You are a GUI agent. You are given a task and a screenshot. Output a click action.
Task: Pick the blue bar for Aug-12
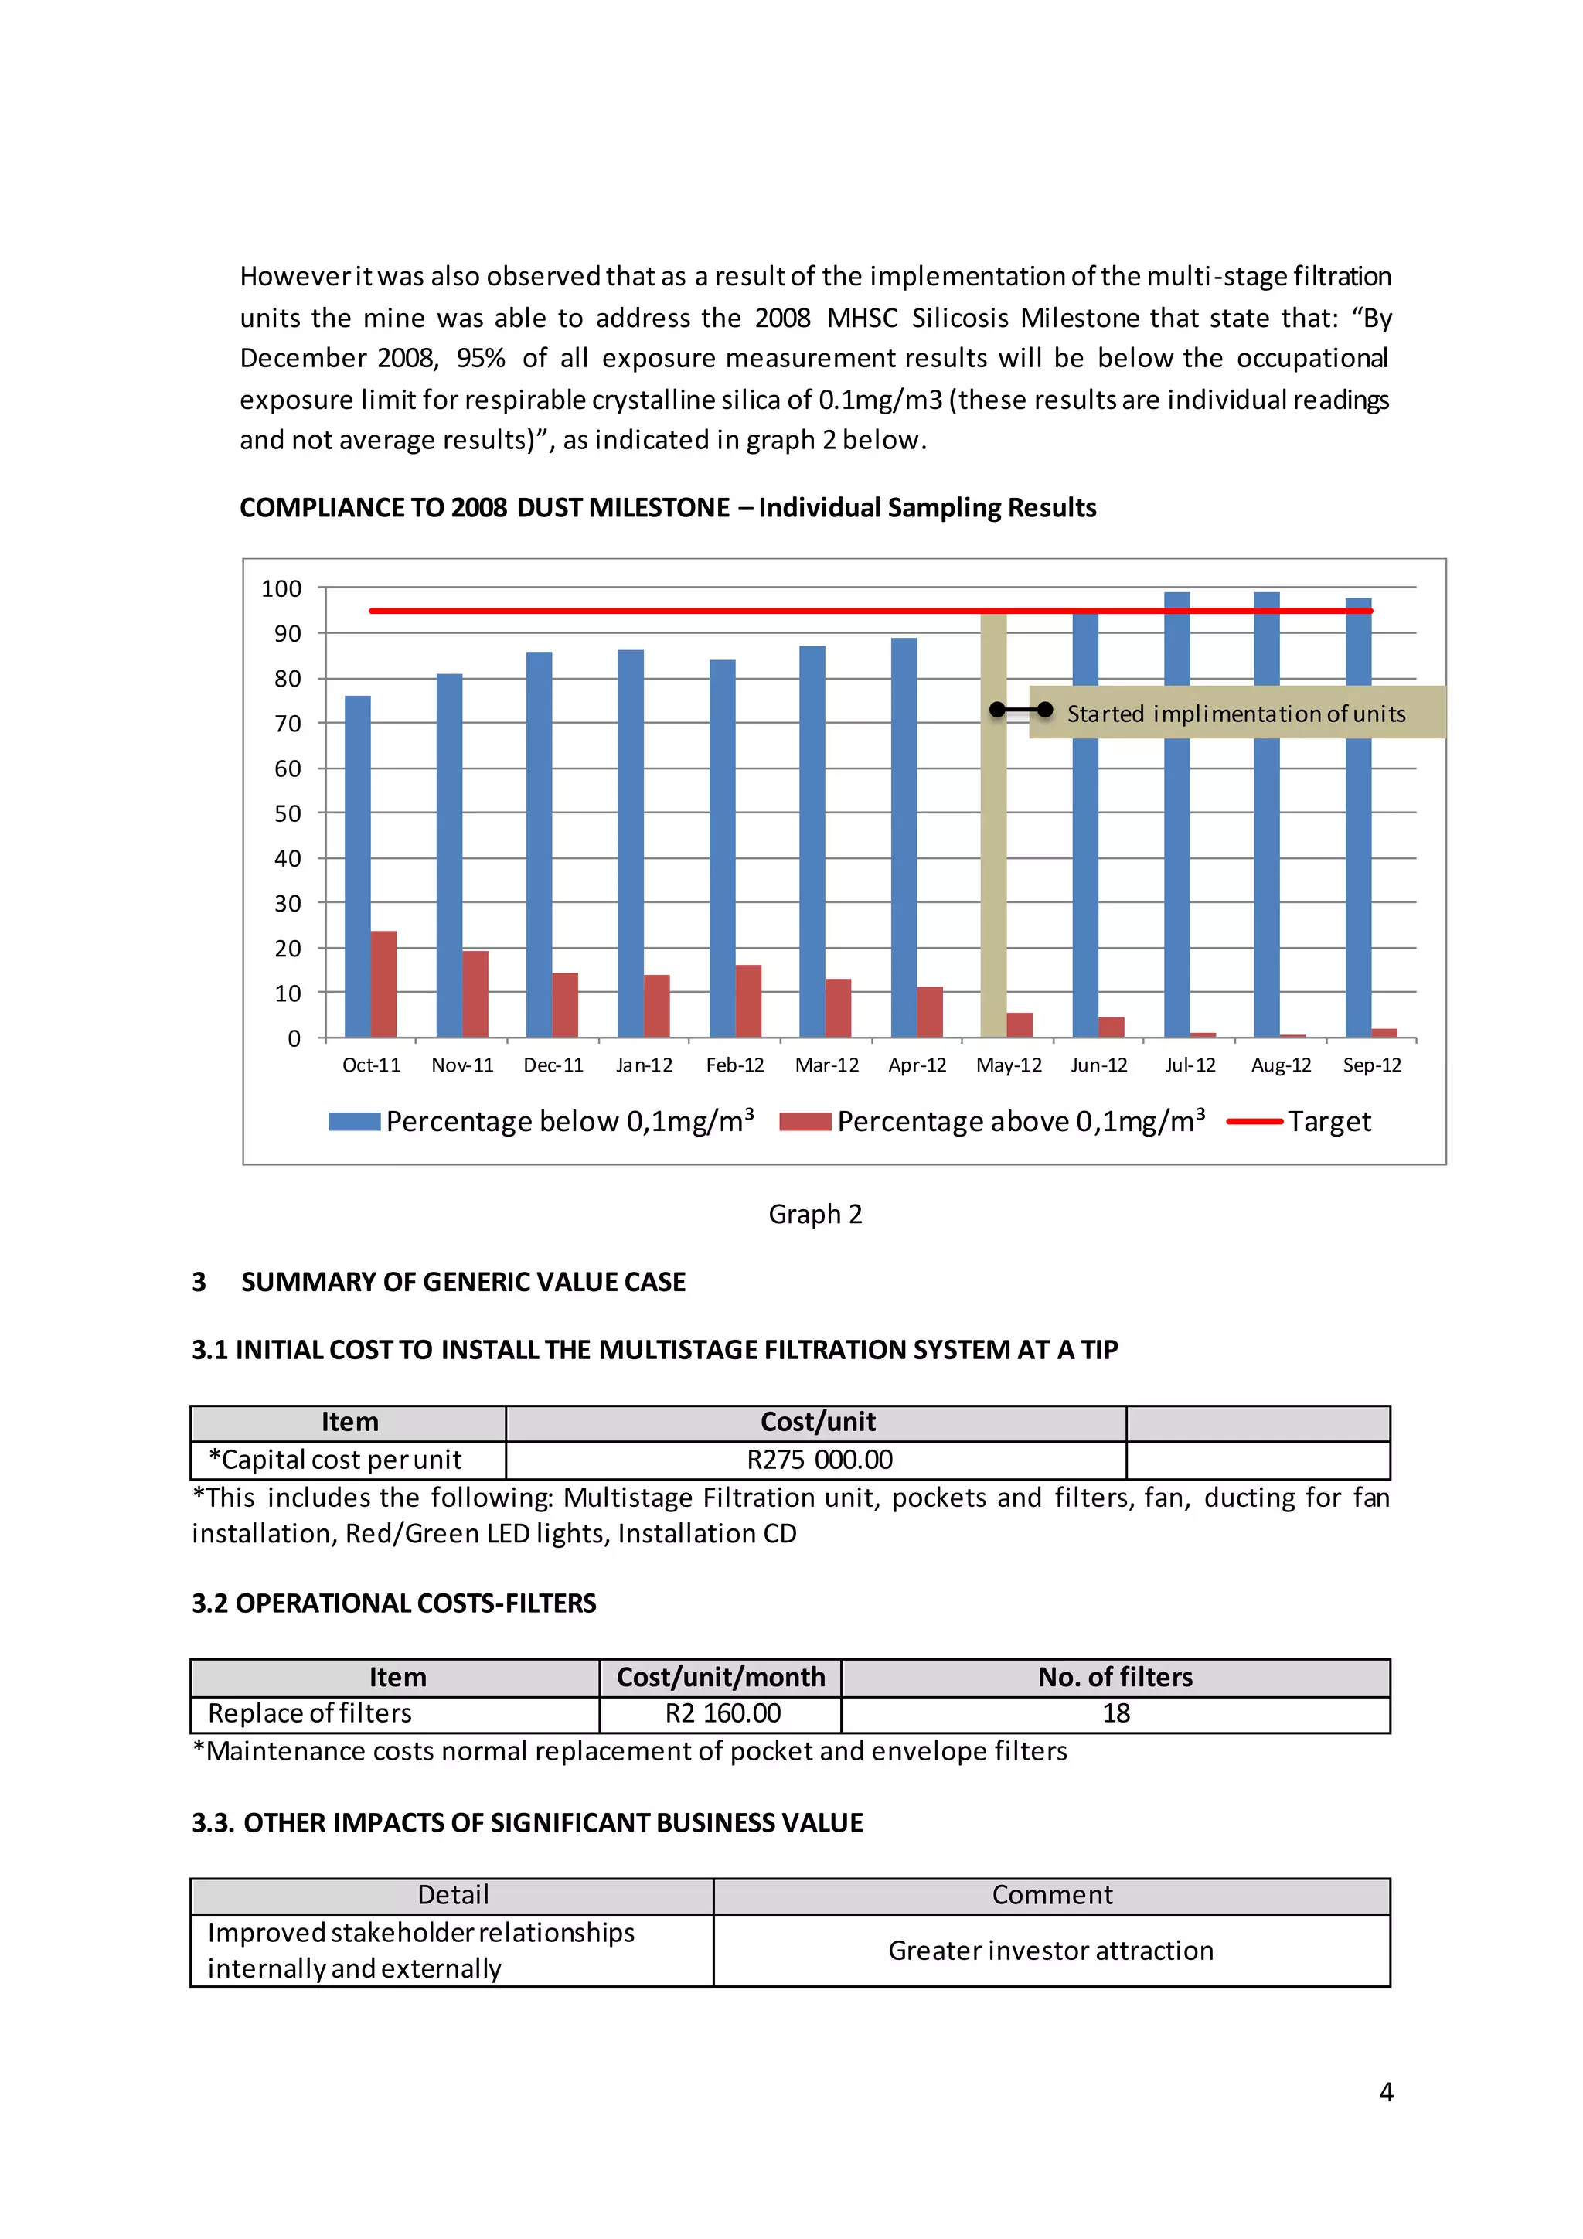(x=1266, y=858)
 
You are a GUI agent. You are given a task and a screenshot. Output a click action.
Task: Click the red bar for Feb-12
(x=747, y=1000)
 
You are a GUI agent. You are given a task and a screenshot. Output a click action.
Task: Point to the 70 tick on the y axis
(x=288, y=724)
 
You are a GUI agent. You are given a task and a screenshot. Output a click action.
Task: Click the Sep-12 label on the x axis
(x=1371, y=1065)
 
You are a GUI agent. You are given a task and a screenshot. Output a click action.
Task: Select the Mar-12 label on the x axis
(x=826, y=1065)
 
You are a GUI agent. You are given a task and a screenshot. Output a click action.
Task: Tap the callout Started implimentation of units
(x=1236, y=713)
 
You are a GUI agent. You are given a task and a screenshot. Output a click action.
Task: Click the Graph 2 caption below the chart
(x=815, y=1214)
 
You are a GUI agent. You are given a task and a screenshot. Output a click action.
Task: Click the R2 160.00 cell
(x=722, y=1713)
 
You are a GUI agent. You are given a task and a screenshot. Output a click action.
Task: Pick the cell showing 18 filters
(x=1115, y=1713)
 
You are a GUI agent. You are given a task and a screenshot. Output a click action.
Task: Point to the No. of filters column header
(x=1115, y=1677)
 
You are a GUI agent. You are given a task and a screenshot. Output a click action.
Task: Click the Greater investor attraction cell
(x=1050, y=1951)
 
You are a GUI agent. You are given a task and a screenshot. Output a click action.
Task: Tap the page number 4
(x=1386, y=2092)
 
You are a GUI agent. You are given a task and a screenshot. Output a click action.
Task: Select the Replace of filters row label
(x=310, y=1713)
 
